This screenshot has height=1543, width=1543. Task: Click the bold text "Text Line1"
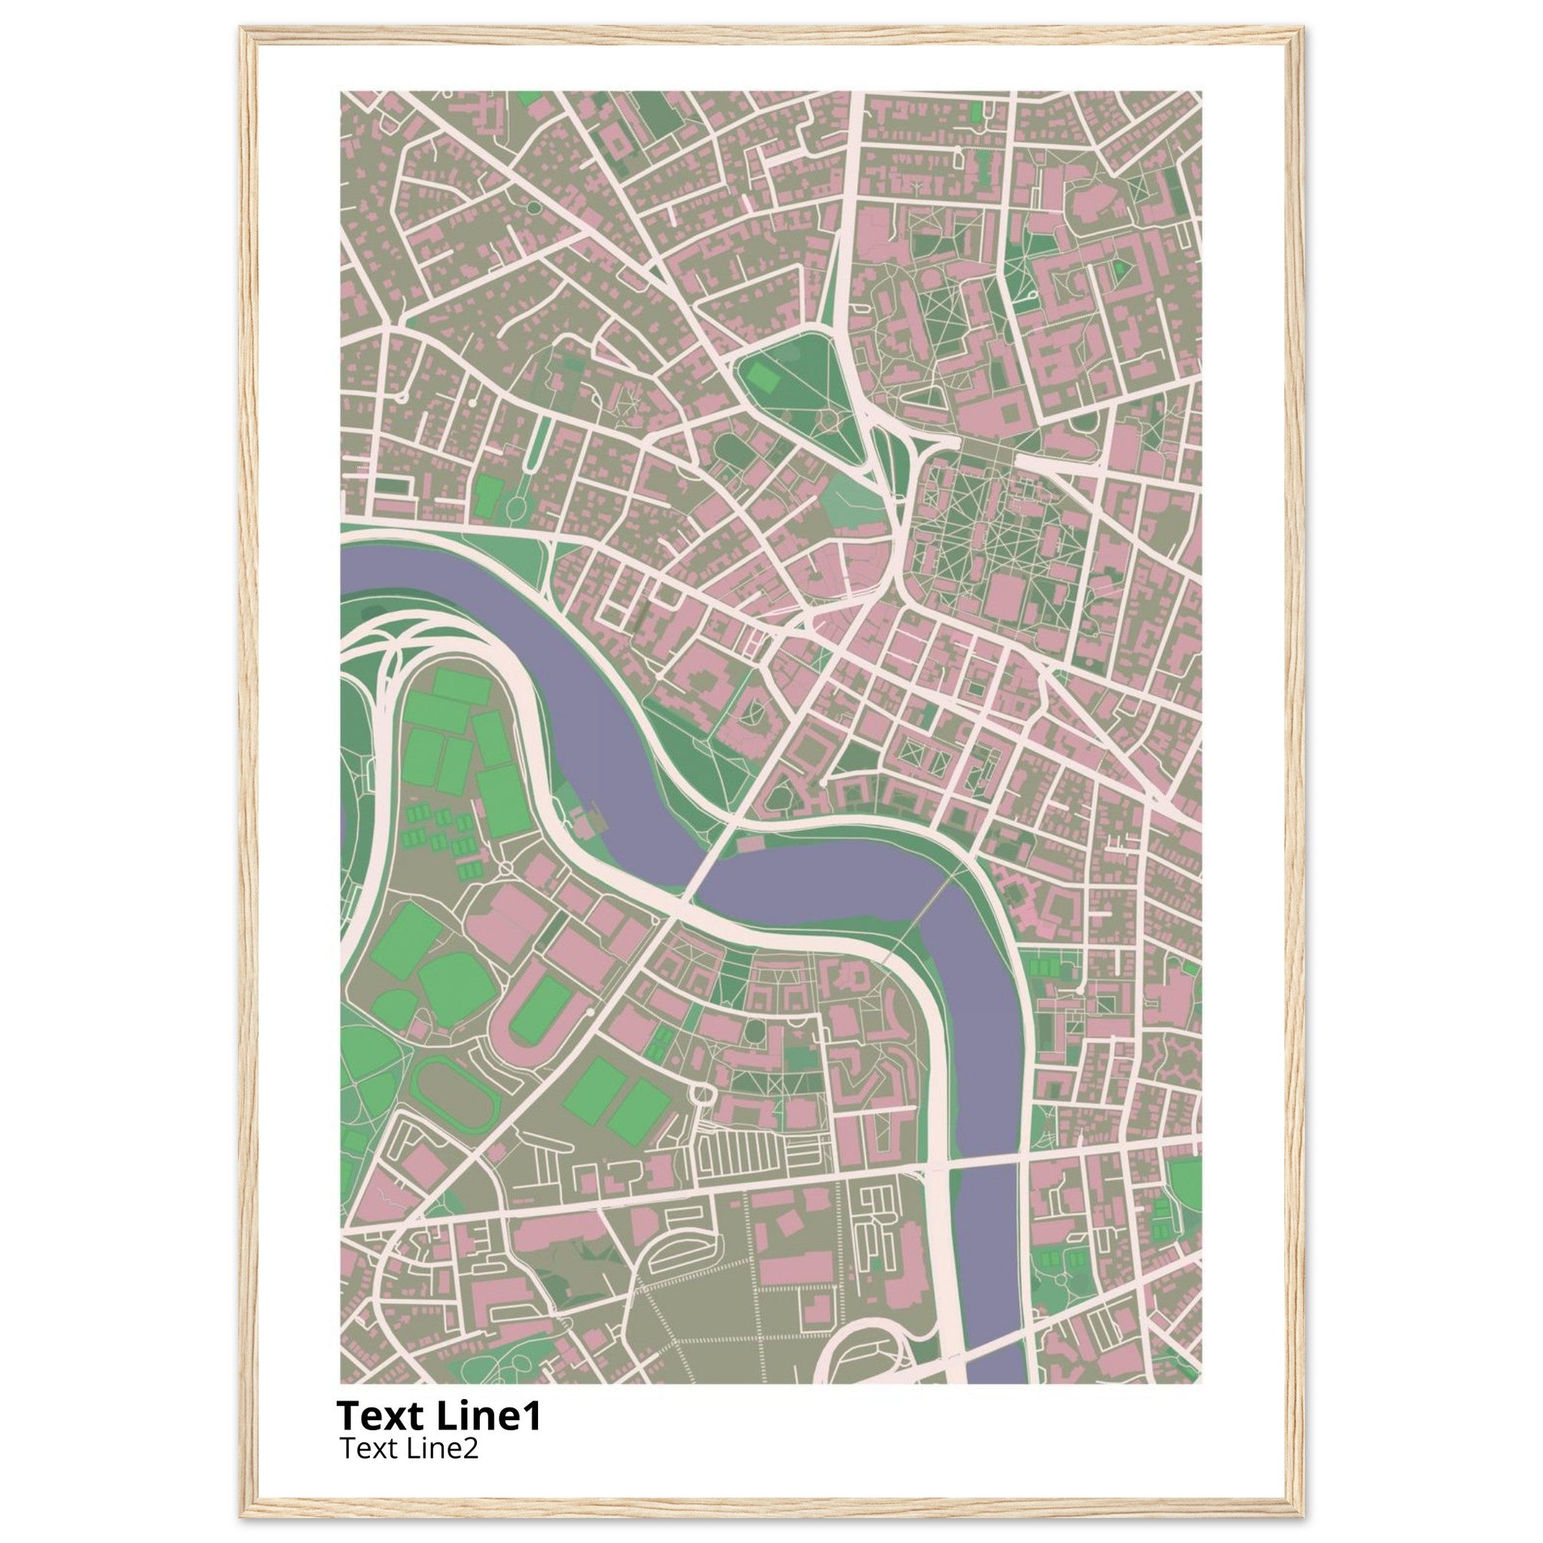438,1415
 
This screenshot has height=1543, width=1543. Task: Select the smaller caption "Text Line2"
409,1448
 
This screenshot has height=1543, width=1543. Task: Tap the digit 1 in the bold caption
533,1415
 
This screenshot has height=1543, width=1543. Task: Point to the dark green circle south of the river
753,1033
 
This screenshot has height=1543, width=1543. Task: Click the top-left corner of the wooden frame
242,29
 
